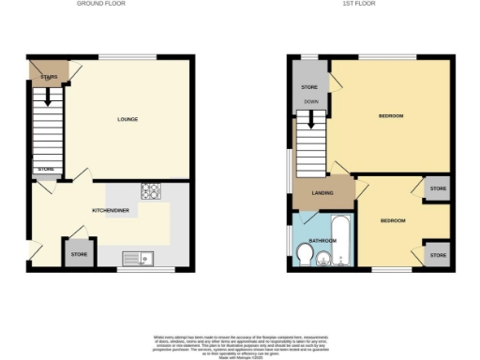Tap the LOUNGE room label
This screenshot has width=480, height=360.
click(128, 119)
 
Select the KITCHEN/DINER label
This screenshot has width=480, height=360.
click(110, 211)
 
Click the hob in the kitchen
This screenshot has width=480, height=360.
click(150, 191)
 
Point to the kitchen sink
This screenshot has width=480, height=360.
click(142, 256)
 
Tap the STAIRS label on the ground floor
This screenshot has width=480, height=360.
click(50, 77)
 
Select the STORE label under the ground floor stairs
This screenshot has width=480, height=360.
click(46, 170)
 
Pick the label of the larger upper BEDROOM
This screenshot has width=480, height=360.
click(391, 115)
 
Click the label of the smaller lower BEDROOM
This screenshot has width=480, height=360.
click(393, 220)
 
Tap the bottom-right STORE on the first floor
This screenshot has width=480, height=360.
click(438, 254)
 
